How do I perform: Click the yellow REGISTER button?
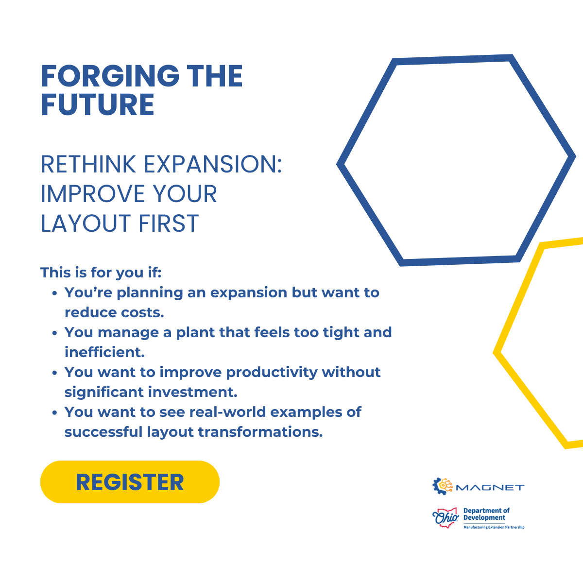(x=130, y=482)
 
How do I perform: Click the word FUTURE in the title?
(x=98, y=104)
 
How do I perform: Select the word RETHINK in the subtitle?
(x=88, y=164)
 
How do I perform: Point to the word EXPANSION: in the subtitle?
(x=213, y=164)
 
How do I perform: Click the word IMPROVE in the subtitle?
(x=93, y=194)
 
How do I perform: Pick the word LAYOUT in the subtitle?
(x=86, y=223)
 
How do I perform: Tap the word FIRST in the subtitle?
(x=169, y=223)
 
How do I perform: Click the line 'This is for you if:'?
(x=101, y=272)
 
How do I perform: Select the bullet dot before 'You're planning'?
(x=54, y=293)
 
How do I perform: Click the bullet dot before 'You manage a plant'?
(x=54, y=333)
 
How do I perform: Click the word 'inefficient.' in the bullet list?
(x=104, y=352)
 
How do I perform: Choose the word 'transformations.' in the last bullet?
(x=260, y=432)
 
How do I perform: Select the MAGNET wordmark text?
(x=490, y=487)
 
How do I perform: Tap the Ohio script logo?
(x=446, y=517)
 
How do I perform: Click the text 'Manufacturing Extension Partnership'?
(x=494, y=527)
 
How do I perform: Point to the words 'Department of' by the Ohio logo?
(x=486, y=511)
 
